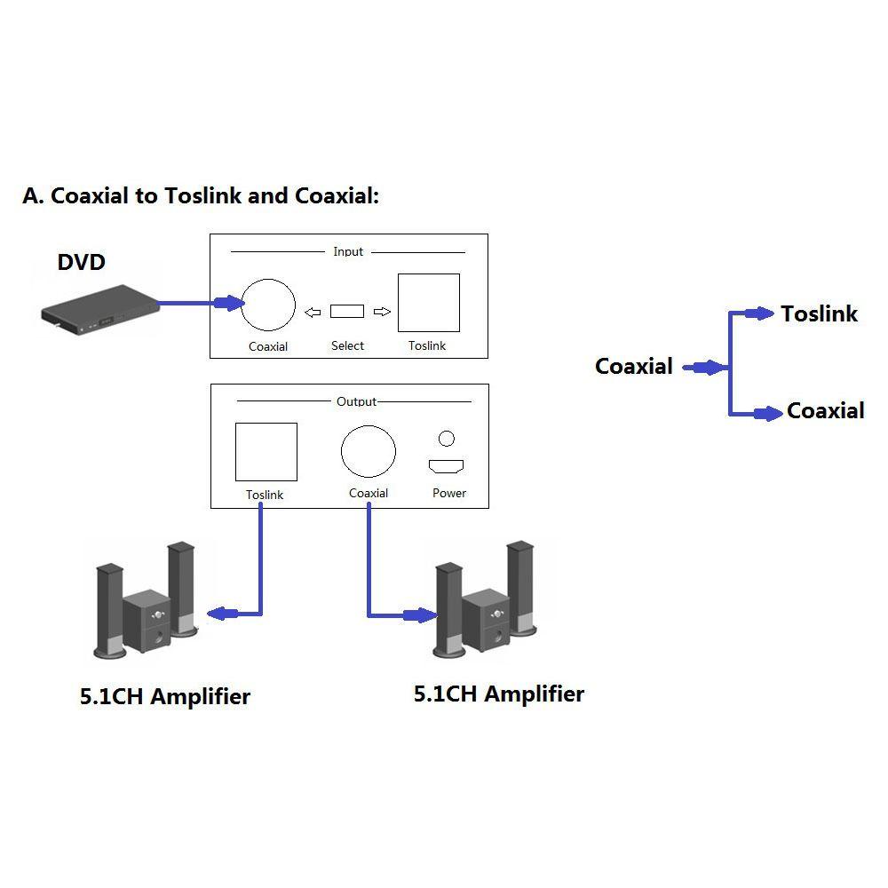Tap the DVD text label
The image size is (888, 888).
[81, 262]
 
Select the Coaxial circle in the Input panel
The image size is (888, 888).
[268, 304]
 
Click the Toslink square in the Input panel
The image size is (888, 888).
[428, 303]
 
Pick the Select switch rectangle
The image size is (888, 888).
[346, 311]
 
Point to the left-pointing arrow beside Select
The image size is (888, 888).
[313, 312]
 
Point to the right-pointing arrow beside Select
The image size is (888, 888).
[382, 312]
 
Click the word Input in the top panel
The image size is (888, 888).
[348, 251]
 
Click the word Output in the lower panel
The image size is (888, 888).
[356, 401]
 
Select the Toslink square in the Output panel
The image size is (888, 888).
[266, 452]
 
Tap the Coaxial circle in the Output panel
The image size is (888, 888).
[368, 451]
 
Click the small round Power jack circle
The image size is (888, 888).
[447, 438]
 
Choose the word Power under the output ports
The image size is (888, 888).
[448, 493]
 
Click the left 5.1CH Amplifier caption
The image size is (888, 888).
[165, 696]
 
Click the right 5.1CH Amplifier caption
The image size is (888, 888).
[498, 694]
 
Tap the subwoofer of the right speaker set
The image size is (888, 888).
[485, 621]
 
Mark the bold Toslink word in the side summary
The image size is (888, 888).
[819, 313]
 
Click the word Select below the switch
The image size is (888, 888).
[347, 345]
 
